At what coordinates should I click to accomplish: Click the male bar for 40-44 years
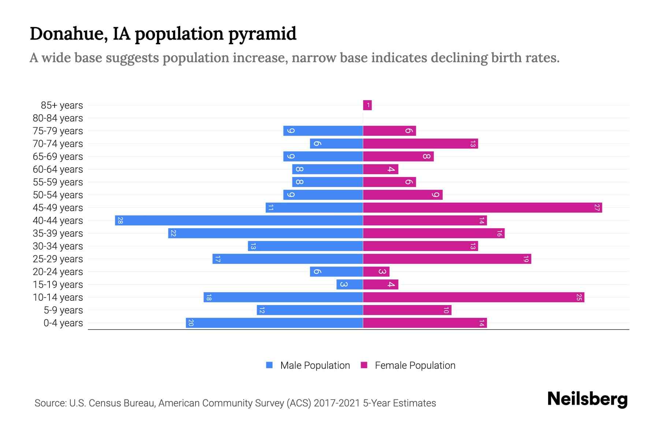click(239, 220)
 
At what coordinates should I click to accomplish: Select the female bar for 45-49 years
click(482, 207)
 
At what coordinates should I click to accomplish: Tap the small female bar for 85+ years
click(367, 105)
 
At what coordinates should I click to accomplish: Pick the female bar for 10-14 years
click(473, 297)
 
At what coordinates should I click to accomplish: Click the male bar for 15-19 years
click(350, 284)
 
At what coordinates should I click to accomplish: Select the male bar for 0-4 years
click(274, 323)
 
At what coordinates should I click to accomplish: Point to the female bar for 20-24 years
click(376, 271)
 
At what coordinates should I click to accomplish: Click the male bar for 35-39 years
click(265, 233)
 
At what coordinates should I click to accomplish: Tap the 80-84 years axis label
click(58, 118)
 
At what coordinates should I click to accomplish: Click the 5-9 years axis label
click(63, 310)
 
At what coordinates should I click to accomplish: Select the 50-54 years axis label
click(58, 195)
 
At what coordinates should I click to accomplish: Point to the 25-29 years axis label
click(58, 259)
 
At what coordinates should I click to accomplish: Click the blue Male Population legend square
click(269, 365)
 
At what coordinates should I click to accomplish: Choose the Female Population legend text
click(415, 365)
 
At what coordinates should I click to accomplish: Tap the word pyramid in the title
click(262, 34)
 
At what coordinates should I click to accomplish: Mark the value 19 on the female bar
click(526, 259)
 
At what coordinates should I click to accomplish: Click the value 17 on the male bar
click(217, 259)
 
